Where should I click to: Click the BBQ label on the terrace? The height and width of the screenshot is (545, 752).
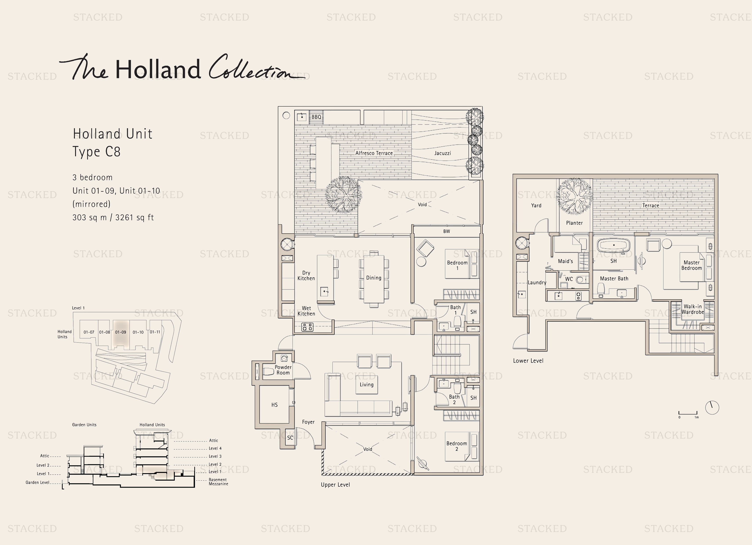tap(316, 117)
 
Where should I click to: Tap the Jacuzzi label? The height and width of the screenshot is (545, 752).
tap(443, 153)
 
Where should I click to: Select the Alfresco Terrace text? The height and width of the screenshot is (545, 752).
tap(374, 153)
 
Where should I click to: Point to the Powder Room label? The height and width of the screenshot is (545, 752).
tap(283, 370)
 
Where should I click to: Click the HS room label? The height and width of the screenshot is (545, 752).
tap(274, 405)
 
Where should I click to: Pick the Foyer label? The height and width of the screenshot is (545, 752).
tap(308, 422)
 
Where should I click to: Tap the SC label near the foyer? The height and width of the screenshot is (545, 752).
tap(290, 438)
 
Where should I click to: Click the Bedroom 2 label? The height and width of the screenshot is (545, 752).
tap(456, 446)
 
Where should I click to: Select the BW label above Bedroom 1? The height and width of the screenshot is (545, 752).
tap(447, 231)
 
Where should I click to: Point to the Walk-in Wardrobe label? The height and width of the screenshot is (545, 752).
tap(693, 309)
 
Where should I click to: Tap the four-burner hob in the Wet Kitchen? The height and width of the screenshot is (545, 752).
tap(307, 327)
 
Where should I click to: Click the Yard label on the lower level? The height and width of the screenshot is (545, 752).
tap(536, 205)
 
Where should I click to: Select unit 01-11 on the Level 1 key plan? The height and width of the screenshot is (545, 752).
tap(155, 332)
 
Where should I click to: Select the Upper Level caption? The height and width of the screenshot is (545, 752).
tap(335, 485)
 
